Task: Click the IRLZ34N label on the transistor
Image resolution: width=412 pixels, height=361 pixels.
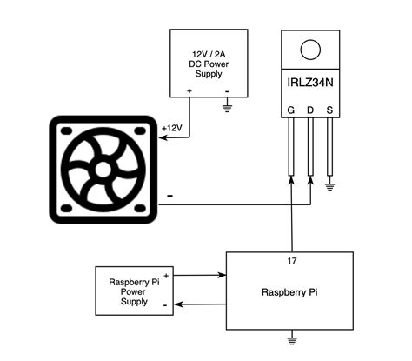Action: tap(310, 84)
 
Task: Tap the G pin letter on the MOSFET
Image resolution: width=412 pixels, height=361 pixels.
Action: tap(291, 110)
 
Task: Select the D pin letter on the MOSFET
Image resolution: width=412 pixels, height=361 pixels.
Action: tap(310, 110)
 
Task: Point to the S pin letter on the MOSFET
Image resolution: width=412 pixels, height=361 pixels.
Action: tap(329, 110)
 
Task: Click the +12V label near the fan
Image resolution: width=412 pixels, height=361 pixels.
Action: tap(172, 128)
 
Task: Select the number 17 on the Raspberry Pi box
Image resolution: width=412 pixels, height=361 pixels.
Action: tap(290, 260)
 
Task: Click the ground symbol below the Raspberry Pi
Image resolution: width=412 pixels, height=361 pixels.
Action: tap(293, 338)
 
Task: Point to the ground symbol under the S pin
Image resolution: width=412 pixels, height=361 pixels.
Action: tap(329, 185)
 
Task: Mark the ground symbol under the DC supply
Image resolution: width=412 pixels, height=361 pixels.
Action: tap(228, 109)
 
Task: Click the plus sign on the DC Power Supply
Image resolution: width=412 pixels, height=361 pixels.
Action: tap(189, 89)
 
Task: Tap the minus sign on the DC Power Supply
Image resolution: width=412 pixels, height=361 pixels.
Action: tap(228, 89)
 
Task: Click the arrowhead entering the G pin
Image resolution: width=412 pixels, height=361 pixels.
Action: tap(291, 180)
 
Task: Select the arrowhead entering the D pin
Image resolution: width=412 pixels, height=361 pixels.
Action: tap(310, 180)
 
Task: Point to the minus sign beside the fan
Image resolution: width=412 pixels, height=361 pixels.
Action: tap(168, 197)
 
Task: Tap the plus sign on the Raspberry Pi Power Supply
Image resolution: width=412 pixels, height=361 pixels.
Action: tap(165, 274)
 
